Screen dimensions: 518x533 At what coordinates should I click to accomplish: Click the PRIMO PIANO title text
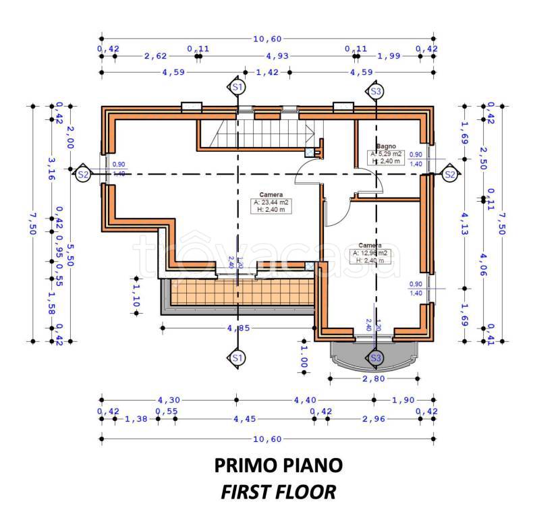278,465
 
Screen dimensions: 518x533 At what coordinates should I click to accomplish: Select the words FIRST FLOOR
278,492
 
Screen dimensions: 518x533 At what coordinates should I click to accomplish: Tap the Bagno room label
386,146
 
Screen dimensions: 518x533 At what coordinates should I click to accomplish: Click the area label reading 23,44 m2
272,202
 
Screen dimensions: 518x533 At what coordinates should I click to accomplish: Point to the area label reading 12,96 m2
370,254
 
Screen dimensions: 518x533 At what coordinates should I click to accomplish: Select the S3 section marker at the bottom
376,357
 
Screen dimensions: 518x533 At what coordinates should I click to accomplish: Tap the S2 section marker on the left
82,174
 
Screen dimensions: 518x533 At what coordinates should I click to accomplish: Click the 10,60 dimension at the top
267,38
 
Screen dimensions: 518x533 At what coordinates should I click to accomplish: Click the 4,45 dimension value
244,418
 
